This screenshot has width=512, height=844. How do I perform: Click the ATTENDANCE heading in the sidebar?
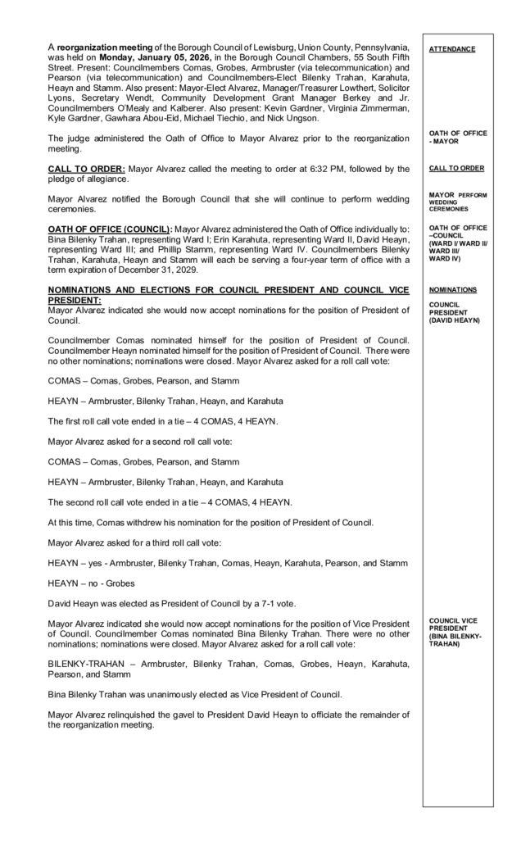coord(451,49)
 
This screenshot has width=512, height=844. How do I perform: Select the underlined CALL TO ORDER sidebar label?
coord(456,168)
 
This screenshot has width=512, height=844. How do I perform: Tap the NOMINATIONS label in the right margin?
coord(453,289)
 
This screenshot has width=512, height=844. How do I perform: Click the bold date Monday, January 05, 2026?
coord(154,58)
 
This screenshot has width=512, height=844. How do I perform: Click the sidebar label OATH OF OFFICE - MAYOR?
coord(457,136)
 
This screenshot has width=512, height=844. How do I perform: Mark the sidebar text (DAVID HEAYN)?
coord(454,320)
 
